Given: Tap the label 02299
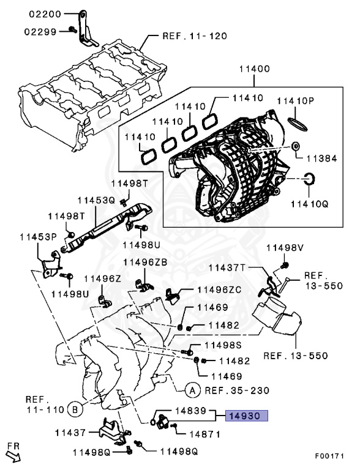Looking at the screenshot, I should coord(41,29).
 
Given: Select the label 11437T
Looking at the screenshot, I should coord(228,267).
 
